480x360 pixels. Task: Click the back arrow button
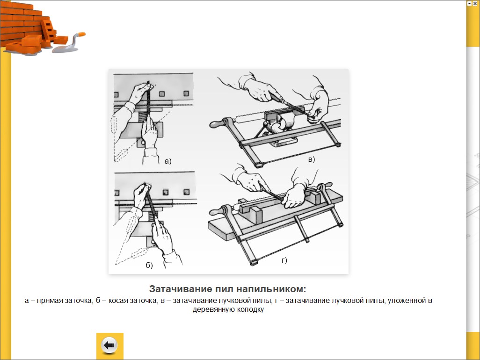coord(109,346)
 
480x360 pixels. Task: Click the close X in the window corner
coord(475,3)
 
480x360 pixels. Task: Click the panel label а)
coord(168,161)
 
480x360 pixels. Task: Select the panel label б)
coord(149,265)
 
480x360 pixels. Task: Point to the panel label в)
coord(311,159)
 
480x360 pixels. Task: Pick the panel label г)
coord(284,260)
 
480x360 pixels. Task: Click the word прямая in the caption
coord(49,301)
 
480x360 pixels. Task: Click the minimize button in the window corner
coord(470,3)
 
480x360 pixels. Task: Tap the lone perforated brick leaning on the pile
coord(49,29)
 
